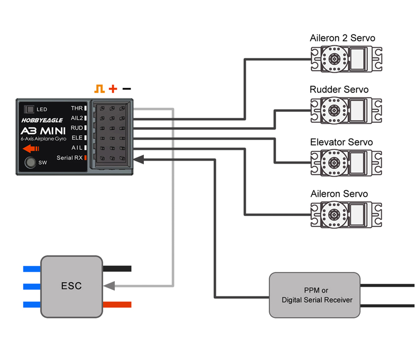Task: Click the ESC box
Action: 71,286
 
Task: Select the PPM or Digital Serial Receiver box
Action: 314,295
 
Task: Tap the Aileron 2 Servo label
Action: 342,38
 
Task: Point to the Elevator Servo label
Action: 341,142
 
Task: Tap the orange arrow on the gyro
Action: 31,148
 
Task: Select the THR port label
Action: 76,108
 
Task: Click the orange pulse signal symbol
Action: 100,89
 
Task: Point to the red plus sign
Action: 113,89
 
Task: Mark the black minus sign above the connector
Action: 127,89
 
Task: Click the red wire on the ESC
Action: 117,304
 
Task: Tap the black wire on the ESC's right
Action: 117,269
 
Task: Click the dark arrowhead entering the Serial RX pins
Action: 139,159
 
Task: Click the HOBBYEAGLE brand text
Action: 41,120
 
